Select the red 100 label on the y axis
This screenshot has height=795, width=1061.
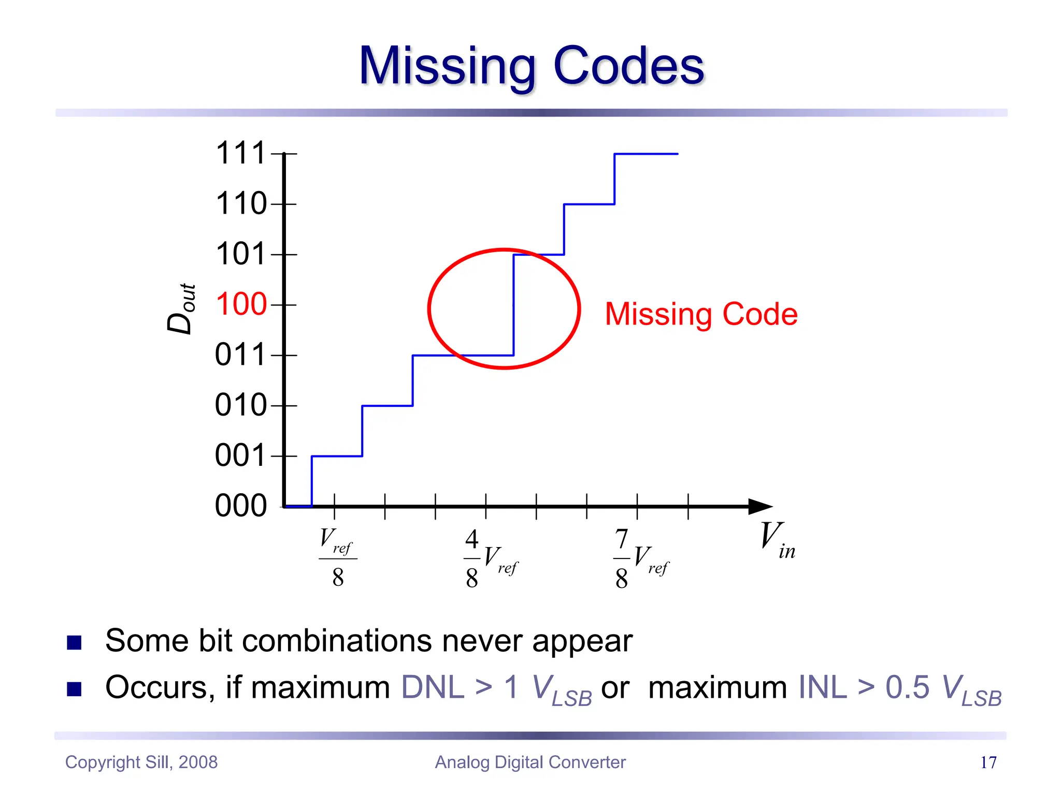click(x=241, y=304)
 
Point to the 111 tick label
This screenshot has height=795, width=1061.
click(x=241, y=153)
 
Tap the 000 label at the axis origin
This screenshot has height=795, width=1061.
click(x=241, y=506)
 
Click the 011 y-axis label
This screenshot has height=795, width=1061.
click(x=241, y=355)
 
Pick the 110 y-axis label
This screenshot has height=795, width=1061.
click(x=241, y=203)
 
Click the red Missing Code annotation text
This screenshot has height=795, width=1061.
click(x=701, y=314)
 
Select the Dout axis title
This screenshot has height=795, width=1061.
click(x=181, y=309)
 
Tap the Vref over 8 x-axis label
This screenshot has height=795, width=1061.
click(x=337, y=557)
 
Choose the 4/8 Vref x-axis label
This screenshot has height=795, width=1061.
click(x=490, y=559)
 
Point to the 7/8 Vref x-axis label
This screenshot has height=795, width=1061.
click(x=640, y=559)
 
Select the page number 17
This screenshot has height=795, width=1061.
click(x=988, y=762)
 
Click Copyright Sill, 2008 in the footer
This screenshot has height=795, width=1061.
click(x=141, y=762)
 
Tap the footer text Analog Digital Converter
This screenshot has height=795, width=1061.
click(x=530, y=762)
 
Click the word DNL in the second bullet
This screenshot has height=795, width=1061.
click(x=433, y=688)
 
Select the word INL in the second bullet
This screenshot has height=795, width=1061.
click(x=823, y=688)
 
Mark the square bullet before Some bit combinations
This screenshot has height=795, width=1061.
click(x=75, y=642)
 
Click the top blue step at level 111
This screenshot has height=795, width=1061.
click(x=646, y=154)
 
